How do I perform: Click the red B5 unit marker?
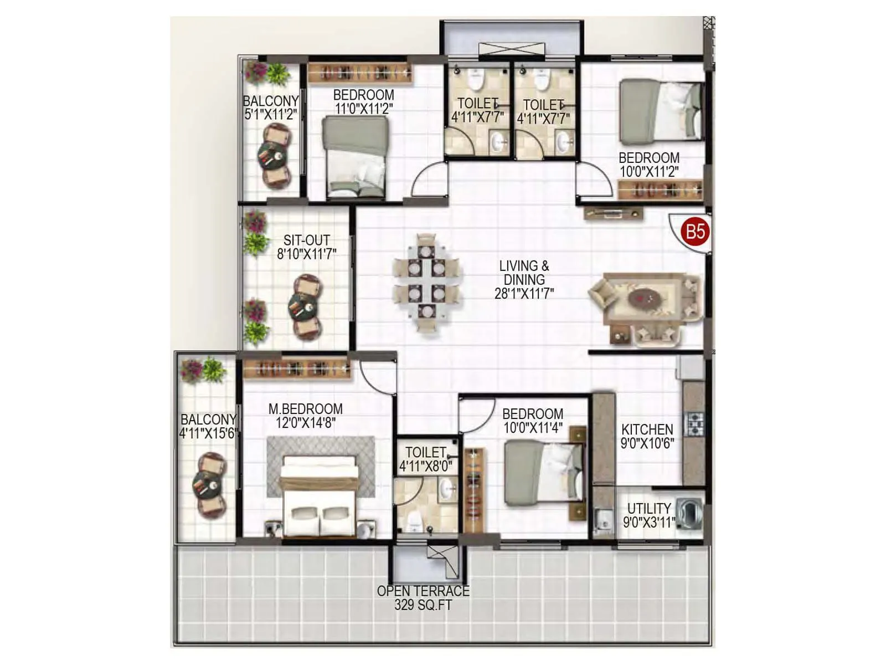pyautogui.click(x=695, y=231)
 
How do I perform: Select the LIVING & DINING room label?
pyautogui.click(x=524, y=280)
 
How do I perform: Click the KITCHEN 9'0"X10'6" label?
pyautogui.click(x=647, y=436)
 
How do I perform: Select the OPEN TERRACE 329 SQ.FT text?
pyautogui.click(x=423, y=598)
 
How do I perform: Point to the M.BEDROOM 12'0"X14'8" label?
pyautogui.click(x=305, y=416)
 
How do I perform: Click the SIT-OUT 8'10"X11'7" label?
pyautogui.click(x=306, y=247)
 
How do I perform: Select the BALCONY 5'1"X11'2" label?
pyautogui.click(x=271, y=108)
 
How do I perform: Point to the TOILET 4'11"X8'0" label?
pyautogui.click(x=425, y=459)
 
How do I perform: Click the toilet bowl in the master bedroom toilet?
pyautogui.click(x=414, y=520)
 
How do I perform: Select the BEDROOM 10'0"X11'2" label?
pyautogui.click(x=648, y=165)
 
